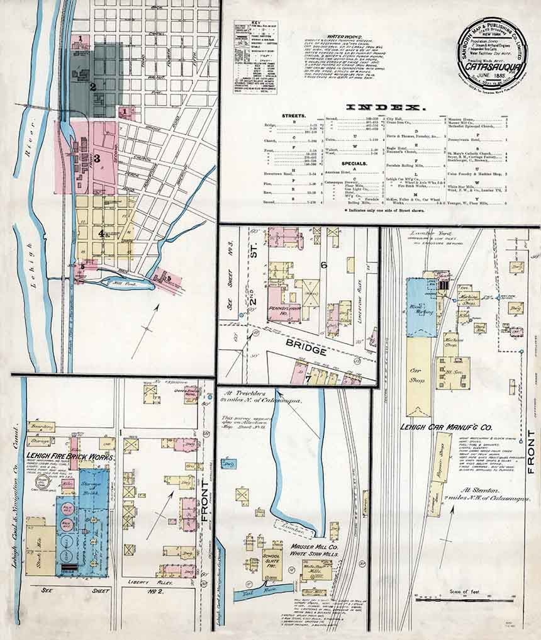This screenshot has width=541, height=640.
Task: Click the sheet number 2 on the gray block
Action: (x=92, y=87)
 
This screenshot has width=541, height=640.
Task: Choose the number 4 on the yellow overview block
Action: (x=101, y=233)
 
